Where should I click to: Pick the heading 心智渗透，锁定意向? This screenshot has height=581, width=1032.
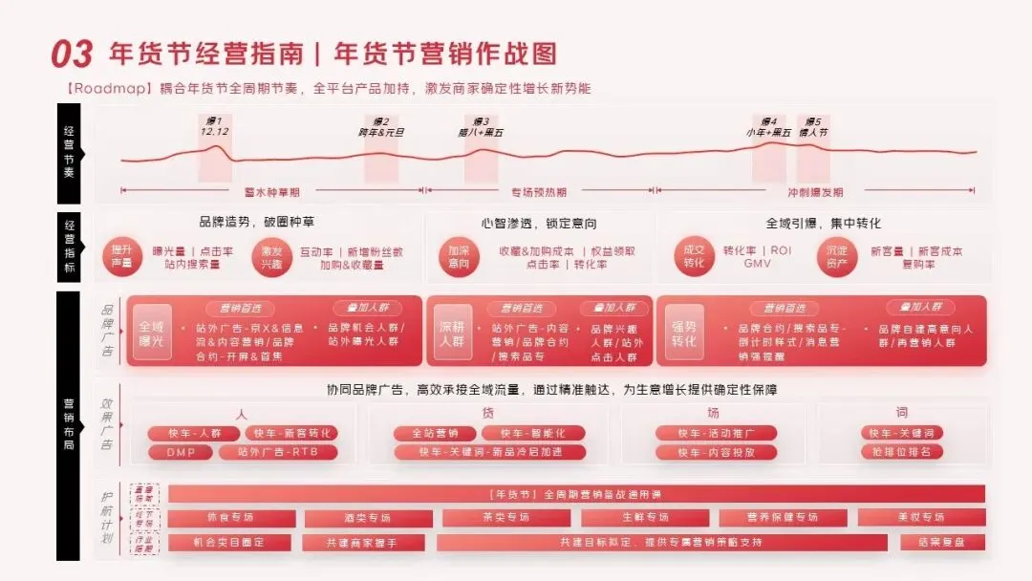[539, 224]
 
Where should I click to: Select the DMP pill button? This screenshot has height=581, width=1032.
[181, 452]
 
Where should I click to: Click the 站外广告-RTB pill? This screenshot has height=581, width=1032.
[277, 452]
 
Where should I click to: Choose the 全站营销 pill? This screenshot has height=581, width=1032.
[436, 433]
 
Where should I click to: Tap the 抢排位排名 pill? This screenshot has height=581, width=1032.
[901, 452]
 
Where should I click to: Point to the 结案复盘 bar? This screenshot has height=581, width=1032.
[942, 543]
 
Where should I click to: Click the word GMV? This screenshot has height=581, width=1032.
[757, 264]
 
